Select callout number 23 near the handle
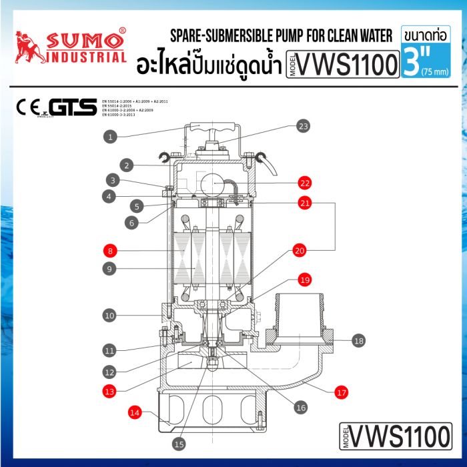[304, 126]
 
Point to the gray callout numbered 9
[111, 270]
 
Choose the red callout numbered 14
[135, 413]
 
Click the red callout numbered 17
[342, 393]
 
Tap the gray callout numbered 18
[359, 341]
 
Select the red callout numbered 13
[111, 390]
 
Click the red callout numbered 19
[305, 280]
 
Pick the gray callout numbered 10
[111, 314]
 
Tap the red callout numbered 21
[305, 204]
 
